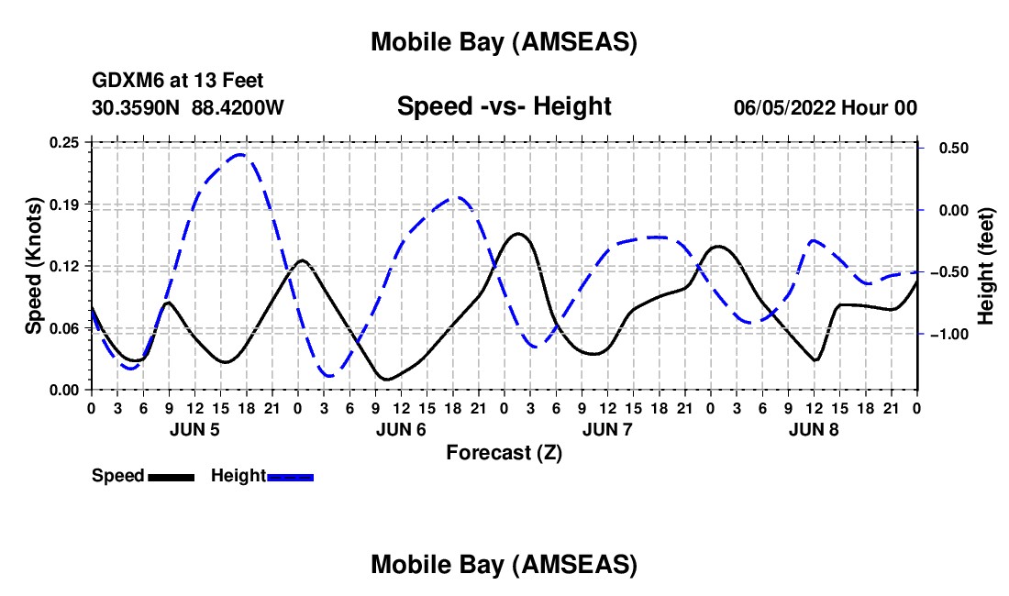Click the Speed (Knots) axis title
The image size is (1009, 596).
pos(34,266)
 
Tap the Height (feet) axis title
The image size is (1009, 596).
pos(986,266)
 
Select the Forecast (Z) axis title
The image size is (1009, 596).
pos(504,452)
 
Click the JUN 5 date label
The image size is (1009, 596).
pos(194,429)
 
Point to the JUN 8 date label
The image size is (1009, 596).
pos(814,429)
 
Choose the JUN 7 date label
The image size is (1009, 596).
pos(607,429)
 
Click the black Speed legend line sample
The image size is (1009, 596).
pos(172,477)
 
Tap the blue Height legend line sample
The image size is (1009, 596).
pos(291,477)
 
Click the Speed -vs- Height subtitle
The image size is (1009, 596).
pos(504,107)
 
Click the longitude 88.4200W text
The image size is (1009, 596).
pos(238,108)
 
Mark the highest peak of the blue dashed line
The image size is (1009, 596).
pos(240,155)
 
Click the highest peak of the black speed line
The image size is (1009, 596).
pos(519,234)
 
